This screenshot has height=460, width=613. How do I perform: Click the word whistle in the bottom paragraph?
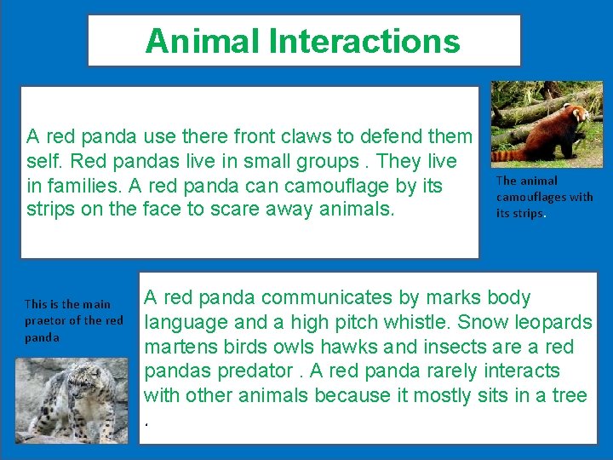coord(416,323)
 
